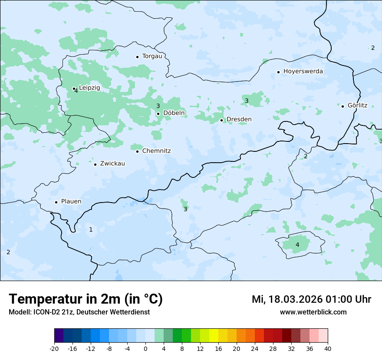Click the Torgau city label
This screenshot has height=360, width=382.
tap(152, 56)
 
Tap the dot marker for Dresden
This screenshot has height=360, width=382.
tap(221, 120)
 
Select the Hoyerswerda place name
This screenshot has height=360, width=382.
tap(303, 72)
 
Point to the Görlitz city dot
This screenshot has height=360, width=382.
tap(342, 106)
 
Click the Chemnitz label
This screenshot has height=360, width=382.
tap(156, 151)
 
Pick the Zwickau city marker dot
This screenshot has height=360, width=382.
tap(95, 164)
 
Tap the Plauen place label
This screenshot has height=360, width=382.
tap(71, 202)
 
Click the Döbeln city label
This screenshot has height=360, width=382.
tap(174, 113)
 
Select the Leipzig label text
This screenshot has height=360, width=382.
tap(89, 88)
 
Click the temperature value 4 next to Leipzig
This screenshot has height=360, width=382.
tap(76, 91)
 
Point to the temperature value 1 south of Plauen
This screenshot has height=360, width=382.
tap(91, 229)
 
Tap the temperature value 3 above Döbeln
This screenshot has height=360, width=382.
tap(158, 106)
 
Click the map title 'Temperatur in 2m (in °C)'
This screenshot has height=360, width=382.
tap(86, 299)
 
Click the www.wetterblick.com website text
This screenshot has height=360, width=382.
tap(313, 312)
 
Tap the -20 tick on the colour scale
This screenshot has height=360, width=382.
tap(54, 349)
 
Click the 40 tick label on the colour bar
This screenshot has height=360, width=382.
tap(327, 349)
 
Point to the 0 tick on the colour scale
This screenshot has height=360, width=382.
tap(145, 349)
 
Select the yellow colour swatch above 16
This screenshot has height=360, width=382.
tap(214, 336)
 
